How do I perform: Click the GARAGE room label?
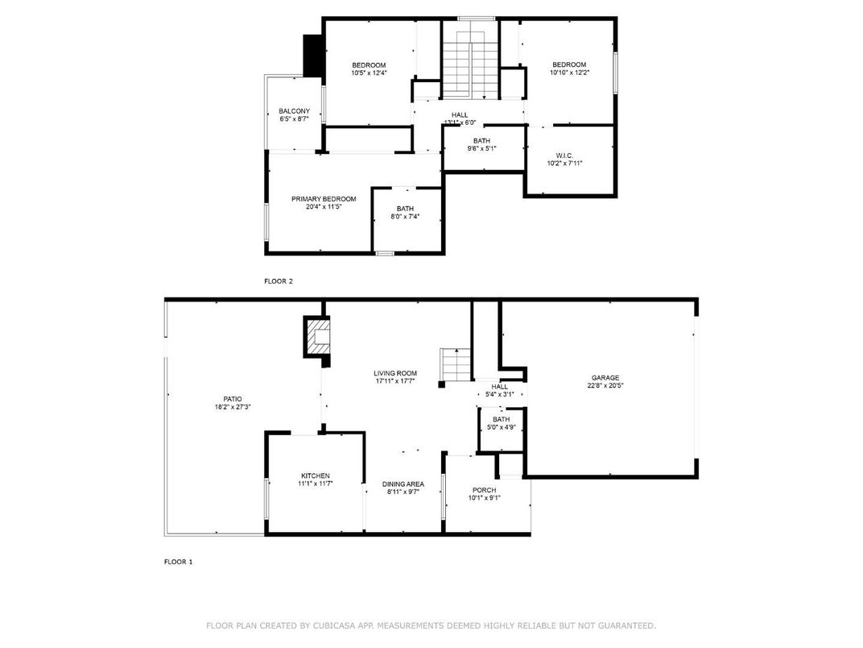pyautogui.click(x=605, y=377)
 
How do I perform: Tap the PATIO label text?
pyautogui.click(x=233, y=399)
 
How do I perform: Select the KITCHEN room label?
pyautogui.click(x=316, y=476)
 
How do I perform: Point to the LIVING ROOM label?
pyautogui.click(x=395, y=373)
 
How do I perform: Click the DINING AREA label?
pyautogui.click(x=403, y=484)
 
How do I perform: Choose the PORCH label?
pyautogui.click(x=484, y=490)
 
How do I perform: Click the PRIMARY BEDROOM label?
pyautogui.click(x=324, y=198)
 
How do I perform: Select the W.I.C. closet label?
pyautogui.click(x=564, y=155)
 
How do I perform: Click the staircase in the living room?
pyautogui.click(x=455, y=364)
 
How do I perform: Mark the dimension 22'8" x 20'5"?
pyautogui.click(x=605, y=385)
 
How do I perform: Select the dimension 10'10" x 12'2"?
pyautogui.click(x=568, y=73)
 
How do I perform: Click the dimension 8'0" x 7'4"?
pyautogui.click(x=405, y=216)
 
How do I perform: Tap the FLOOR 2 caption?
pyautogui.click(x=279, y=281)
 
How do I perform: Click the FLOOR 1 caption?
pyautogui.click(x=179, y=562)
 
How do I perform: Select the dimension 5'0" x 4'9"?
pyautogui.click(x=501, y=427)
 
